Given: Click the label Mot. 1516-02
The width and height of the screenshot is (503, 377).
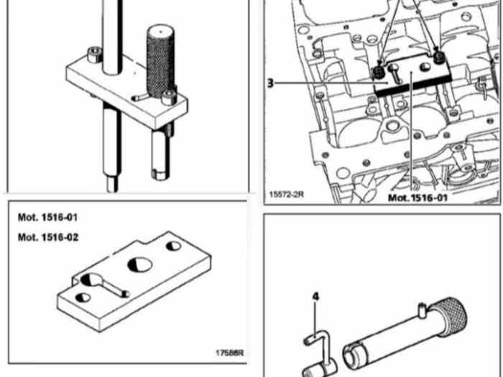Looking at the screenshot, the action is [x=48, y=238].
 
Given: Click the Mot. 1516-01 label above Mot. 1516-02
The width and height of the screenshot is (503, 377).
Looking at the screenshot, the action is [x=47, y=218].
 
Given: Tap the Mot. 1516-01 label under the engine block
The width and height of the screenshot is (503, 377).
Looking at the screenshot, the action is [x=417, y=197].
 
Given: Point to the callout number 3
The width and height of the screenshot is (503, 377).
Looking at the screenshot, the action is [x=270, y=83].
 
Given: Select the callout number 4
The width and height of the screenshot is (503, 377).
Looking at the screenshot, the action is [x=316, y=297].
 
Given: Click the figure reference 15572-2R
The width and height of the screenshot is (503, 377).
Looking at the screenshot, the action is [x=286, y=195].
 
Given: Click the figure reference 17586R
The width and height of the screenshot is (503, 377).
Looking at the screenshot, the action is [x=230, y=353].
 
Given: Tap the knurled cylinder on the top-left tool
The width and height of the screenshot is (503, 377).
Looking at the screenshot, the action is [x=161, y=61].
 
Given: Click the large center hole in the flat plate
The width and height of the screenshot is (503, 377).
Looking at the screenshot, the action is [x=140, y=265].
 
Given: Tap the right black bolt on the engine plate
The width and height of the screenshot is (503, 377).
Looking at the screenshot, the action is [x=438, y=57].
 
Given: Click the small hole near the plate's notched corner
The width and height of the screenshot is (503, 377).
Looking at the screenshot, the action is [x=174, y=246].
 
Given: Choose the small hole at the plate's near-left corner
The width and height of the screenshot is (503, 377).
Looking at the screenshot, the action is [x=83, y=297].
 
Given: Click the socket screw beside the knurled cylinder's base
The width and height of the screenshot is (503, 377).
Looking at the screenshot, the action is [x=169, y=98].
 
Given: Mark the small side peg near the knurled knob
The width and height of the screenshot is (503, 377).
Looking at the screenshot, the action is [x=423, y=310].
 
